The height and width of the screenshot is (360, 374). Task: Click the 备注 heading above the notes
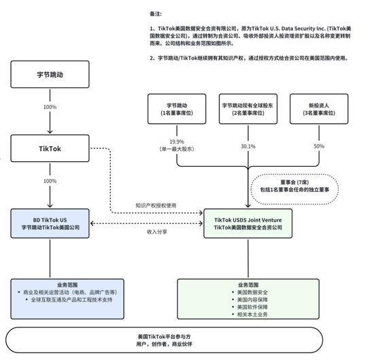coord(156,13)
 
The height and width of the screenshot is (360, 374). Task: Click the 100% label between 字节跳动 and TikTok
coord(50,108)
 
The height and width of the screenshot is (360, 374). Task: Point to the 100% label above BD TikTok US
coord(50,182)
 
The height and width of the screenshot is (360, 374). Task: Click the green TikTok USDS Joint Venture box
coord(248,223)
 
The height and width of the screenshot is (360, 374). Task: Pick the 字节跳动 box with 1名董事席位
coord(177,110)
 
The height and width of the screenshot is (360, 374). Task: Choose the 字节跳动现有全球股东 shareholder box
coord(248,110)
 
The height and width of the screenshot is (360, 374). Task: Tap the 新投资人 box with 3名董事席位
coord(318,110)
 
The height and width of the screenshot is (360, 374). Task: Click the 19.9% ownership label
coord(177,142)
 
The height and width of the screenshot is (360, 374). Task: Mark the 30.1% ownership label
coord(248,146)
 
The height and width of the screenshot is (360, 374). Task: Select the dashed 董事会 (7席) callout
coord(297,184)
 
